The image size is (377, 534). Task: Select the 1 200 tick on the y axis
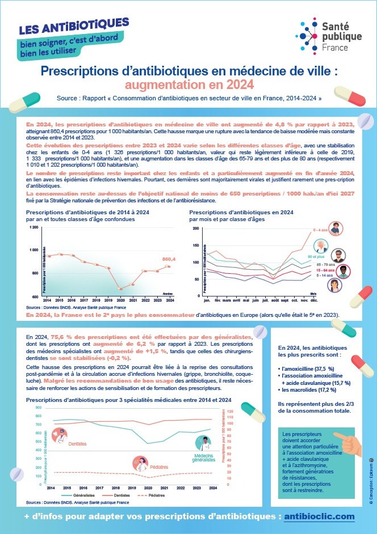click(x=35, y=227)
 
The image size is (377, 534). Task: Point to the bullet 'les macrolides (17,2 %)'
click(x=308, y=391)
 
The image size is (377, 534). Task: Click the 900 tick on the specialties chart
click(x=38, y=408)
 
